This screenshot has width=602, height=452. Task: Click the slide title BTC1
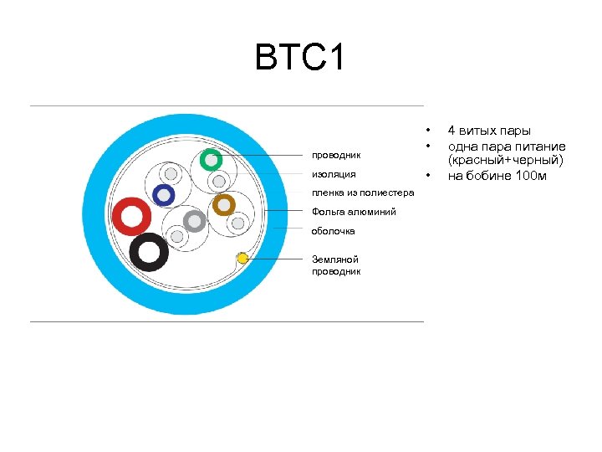[300, 59]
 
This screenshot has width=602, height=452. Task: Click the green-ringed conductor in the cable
[212, 159]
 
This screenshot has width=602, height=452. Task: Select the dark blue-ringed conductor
[164, 196]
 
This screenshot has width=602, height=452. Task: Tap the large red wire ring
[131, 217]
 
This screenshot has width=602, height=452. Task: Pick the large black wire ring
[150, 251]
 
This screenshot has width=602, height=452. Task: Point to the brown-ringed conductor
[223, 204]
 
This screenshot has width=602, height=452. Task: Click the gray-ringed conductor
[194, 221]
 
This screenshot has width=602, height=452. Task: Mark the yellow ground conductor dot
[242, 258]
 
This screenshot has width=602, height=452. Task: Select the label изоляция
[334, 174]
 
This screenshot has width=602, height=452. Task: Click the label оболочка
[334, 231]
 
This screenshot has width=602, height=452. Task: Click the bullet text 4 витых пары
[489, 131]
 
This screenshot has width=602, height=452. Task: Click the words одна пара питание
[507, 146]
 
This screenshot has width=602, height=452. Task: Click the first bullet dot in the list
[427, 131]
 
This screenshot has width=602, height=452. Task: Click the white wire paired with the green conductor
[218, 181]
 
